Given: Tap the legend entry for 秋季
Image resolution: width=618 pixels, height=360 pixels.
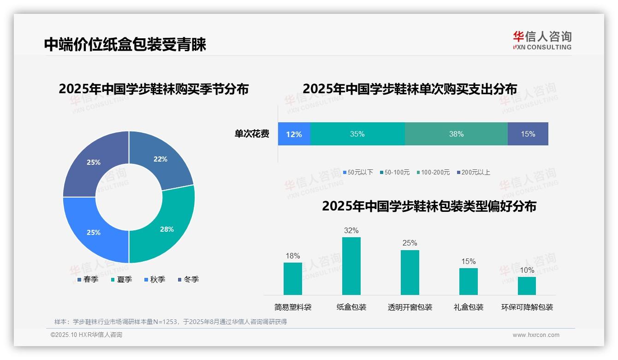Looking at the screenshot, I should point(155,279).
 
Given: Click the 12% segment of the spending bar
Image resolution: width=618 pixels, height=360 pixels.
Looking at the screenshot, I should point(294,134).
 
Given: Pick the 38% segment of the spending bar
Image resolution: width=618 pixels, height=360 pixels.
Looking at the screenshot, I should point(456,134).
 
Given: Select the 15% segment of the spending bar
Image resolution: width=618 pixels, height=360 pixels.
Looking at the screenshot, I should point(528,134).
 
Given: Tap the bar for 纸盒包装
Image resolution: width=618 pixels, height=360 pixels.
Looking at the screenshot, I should point(351,266).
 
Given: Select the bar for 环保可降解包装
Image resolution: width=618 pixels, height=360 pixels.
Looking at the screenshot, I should point(527,286).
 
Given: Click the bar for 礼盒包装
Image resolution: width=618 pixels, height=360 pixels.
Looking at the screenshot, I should point(468,281).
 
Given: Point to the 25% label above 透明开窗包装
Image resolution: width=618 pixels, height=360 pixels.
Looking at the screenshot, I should point(410,243).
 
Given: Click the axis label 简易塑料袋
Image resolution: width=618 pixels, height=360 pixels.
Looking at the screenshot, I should point(293,307).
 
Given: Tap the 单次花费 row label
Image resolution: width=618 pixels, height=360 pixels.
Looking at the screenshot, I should point(252,134).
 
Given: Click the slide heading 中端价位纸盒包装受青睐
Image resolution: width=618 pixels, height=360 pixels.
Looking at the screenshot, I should point(125,44).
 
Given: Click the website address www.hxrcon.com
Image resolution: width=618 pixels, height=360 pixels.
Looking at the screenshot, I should point(536,335).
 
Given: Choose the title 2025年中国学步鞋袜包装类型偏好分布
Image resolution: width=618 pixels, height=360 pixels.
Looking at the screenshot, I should point(429,206).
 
